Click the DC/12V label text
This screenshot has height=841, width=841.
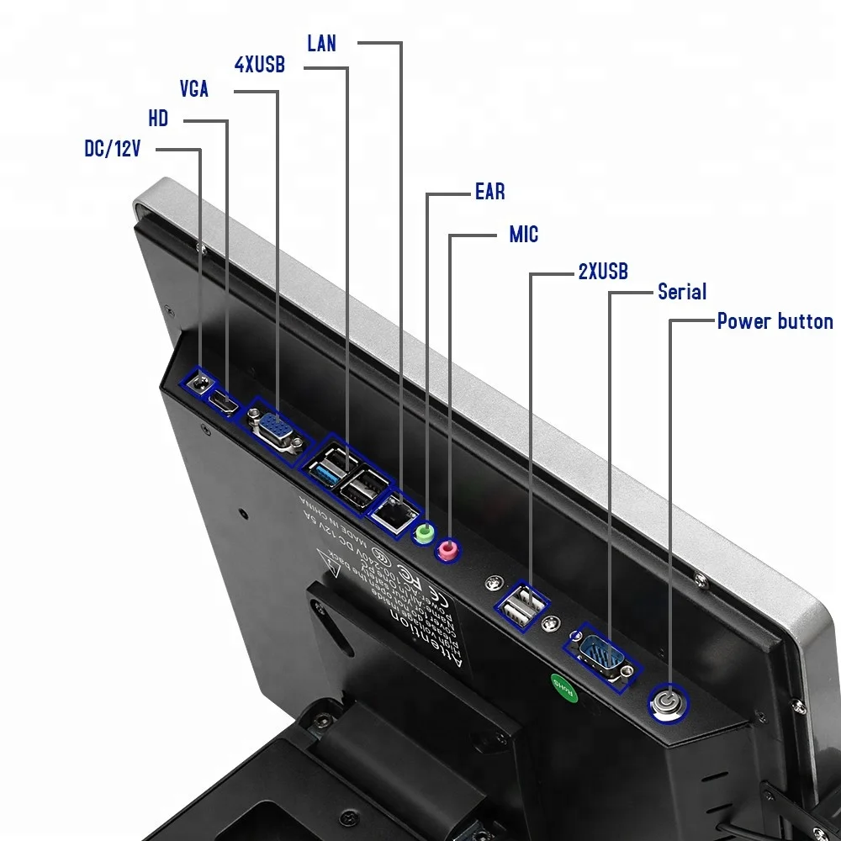click(112, 149)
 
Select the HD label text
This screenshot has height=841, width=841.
click(158, 119)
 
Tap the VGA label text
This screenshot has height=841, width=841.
click(194, 88)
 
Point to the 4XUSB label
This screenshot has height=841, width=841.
click(259, 65)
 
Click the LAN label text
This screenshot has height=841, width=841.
click(321, 43)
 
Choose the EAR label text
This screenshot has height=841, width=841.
click(489, 192)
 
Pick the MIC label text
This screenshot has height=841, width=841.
click(523, 234)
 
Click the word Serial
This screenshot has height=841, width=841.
click(681, 292)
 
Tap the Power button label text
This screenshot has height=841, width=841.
click(775, 321)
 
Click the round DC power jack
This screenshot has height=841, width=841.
click(200, 382)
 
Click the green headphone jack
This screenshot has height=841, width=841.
click(426, 533)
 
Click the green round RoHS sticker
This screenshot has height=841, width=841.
click(562, 687)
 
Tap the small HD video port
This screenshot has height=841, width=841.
click(224, 402)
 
